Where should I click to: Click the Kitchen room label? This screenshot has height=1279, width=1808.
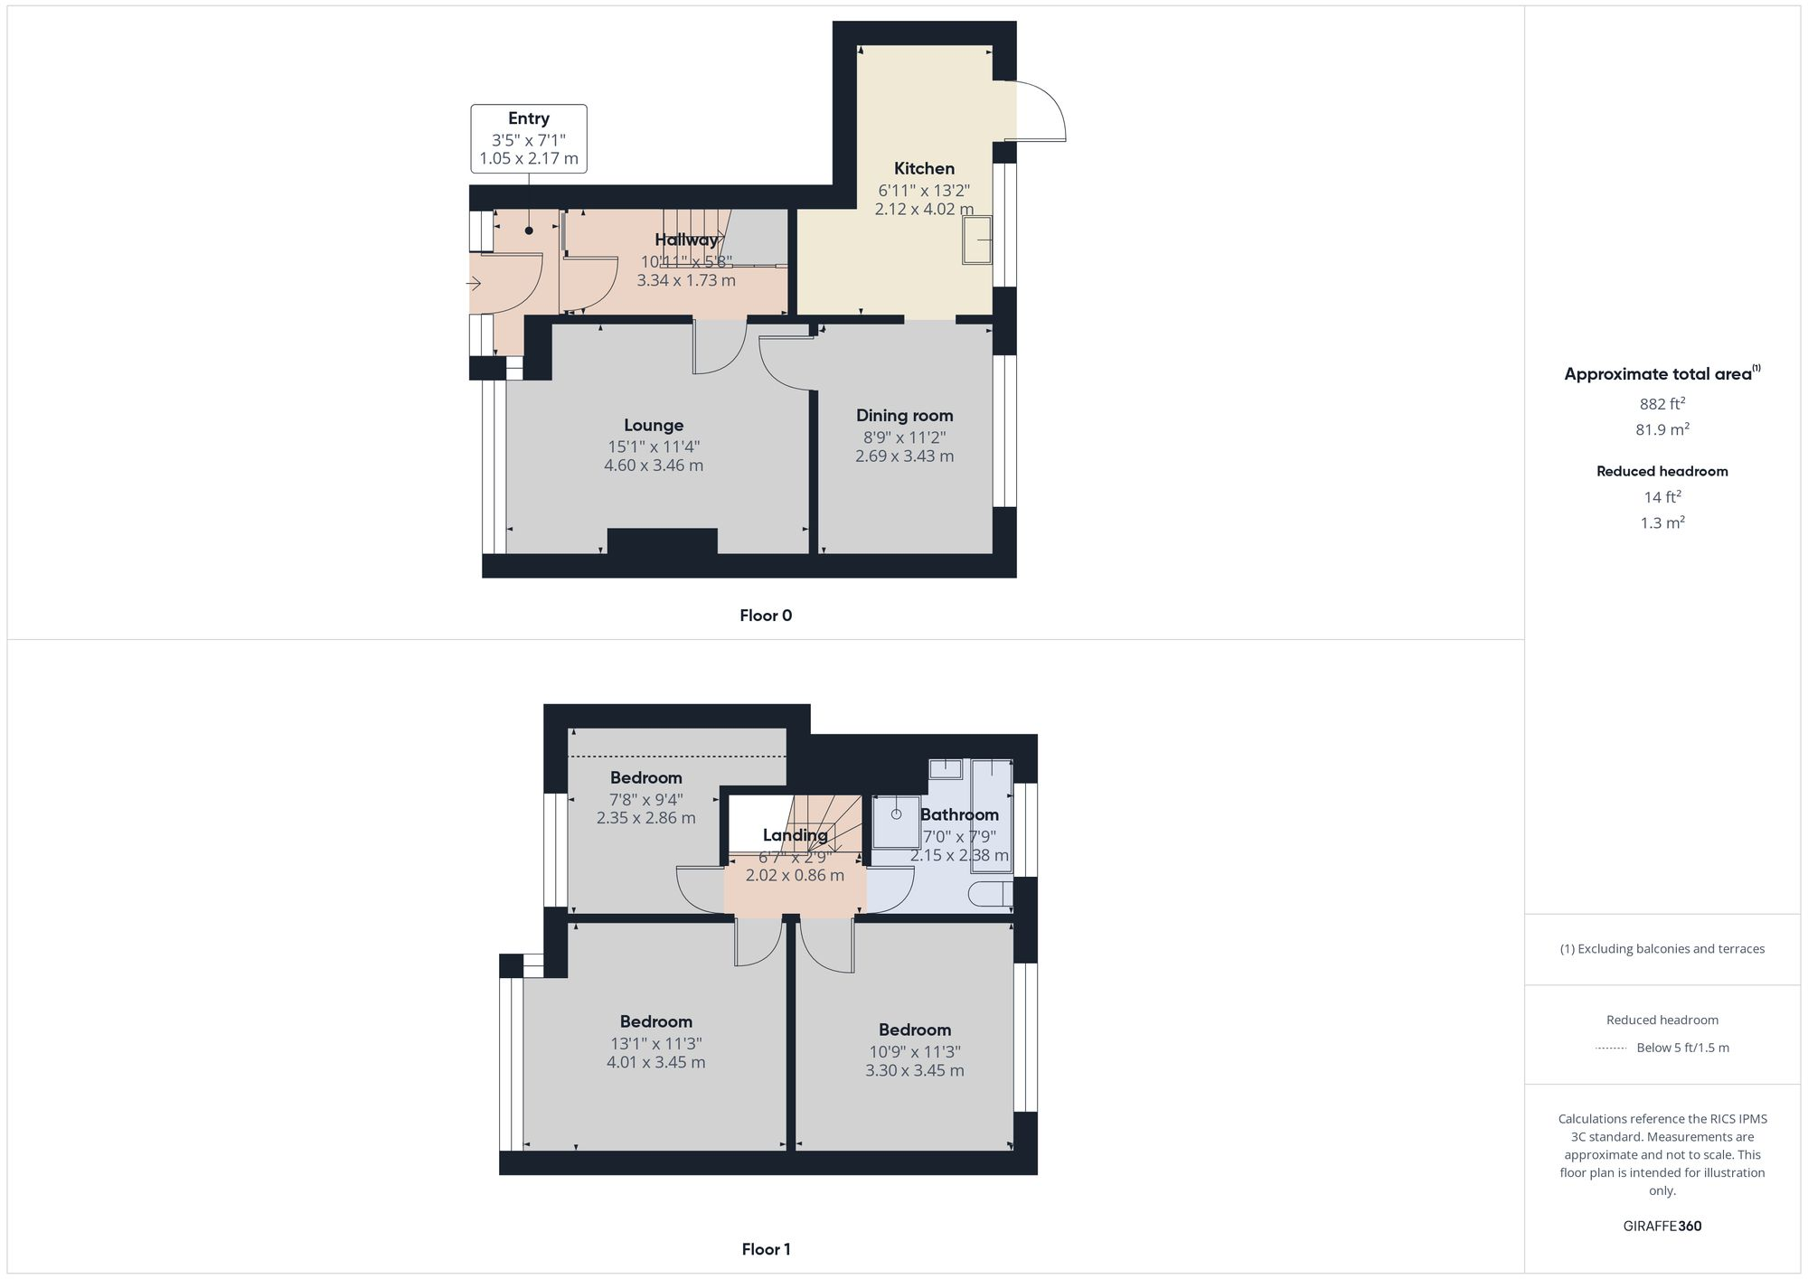[x=924, y=168]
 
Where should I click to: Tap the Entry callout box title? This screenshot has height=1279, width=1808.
[x=528, y=118]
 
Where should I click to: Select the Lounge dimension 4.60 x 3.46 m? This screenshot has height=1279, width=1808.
[x=654, y=466]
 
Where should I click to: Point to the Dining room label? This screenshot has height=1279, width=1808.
[x=904, y=416]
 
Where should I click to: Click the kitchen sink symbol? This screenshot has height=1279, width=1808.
[x=976, y=240]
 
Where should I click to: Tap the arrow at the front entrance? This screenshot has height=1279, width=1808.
[x=474, y=284]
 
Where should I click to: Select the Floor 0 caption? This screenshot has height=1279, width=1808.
[x=765, y=616]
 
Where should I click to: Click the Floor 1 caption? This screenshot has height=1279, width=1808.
[x=765, y=1249]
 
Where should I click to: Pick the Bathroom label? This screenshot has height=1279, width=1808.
[x=959, y=814]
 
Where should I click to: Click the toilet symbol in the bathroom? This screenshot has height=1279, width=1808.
[x=989, y=895]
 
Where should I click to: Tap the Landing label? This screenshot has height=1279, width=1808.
[x=795, y=835]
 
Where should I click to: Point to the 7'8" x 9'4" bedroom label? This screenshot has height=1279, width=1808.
[x=645, y=777]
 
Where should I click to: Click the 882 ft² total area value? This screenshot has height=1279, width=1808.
[x=1662, y=404]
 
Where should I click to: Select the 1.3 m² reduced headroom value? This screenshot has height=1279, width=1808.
[x=1662, y=522]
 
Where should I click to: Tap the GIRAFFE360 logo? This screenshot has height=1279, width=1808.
[x=1662, y=1226]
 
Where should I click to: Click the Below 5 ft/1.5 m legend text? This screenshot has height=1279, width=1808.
[x=1682, y=1048]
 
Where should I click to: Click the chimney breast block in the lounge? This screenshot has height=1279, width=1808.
[x=662, y=541]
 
